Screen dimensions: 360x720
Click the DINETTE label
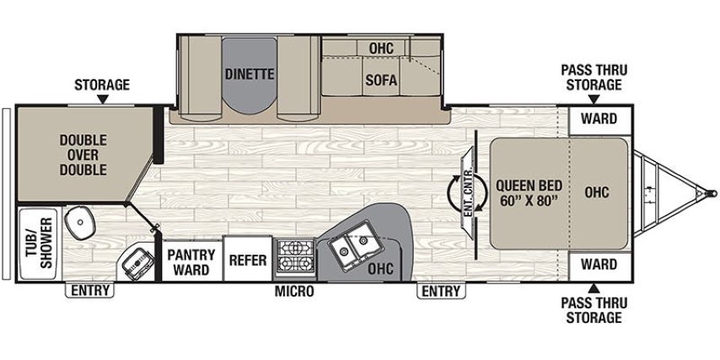point(250,73)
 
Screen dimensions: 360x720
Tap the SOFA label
point(381,81)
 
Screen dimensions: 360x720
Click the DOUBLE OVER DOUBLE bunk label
point(83,155)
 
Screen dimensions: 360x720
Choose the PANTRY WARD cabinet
point(191,261)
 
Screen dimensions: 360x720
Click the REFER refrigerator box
point(248,261)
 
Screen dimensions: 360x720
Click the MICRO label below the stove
point(294,292)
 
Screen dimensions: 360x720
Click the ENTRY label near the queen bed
point(440,292)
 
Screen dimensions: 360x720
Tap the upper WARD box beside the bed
point(598,119)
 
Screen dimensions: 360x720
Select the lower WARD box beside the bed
point(598,265)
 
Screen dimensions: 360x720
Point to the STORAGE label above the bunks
point(101,84)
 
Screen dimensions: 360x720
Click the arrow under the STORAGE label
point(102,99)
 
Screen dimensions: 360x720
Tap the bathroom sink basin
point(83,221)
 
